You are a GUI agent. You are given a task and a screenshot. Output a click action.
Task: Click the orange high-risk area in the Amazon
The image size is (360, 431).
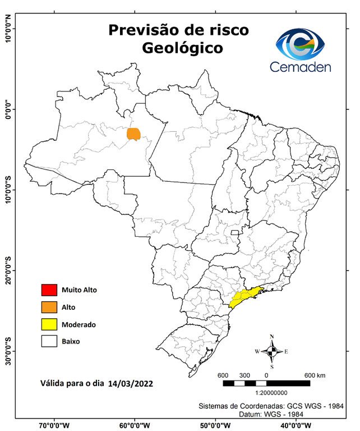134,134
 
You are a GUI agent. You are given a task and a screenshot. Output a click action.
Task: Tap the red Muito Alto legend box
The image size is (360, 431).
49,290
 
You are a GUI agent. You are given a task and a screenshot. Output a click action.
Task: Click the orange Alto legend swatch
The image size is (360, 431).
49,307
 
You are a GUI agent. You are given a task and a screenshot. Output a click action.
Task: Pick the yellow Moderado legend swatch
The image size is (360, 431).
49,324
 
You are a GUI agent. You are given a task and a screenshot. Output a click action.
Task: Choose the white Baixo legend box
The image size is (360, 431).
49,341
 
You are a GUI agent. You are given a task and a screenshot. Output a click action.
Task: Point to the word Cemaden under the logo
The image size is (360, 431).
300,67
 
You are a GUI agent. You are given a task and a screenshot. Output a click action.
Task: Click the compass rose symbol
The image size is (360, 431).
272,351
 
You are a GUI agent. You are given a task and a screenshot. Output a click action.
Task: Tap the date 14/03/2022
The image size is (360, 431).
131,384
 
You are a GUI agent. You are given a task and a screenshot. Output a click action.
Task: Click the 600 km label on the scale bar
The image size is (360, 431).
315,375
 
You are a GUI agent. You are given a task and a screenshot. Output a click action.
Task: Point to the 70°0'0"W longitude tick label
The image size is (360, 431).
54,425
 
